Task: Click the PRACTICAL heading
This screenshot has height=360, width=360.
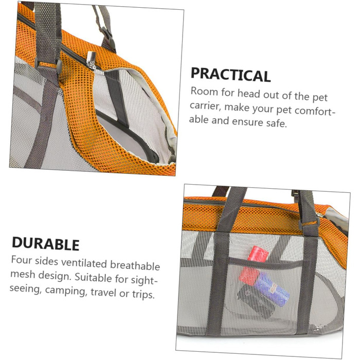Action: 230,75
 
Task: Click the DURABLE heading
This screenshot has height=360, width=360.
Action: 45,244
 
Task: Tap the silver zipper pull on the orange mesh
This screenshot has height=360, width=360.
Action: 92,60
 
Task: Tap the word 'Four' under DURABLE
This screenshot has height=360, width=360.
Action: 22,260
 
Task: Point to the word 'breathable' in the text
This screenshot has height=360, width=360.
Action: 135,265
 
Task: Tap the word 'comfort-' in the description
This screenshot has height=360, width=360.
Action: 314,111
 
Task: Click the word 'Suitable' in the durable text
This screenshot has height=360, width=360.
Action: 93,277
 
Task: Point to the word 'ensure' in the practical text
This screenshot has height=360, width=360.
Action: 247,122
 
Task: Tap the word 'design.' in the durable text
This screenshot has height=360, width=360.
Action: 55,276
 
